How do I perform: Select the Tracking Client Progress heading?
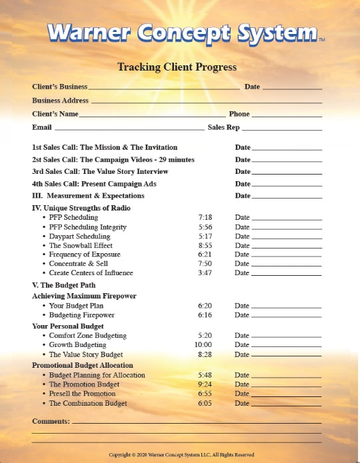pos(177,67)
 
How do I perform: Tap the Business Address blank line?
pos(207,102)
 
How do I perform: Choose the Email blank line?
pos(129,129)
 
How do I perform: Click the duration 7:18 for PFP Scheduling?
pos(205,218)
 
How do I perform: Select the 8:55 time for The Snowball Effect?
pos(205,245)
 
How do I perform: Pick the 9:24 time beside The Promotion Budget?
pos(205,384)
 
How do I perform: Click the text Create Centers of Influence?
pos(91,272)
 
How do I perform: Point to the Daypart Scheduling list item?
pos(79,236)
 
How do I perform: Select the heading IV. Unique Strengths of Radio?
pos(81,208)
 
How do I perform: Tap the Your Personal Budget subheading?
pos(68,326)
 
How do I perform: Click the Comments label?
pos(51,421)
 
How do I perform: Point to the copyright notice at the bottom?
pos(181,454)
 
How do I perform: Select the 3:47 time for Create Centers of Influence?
pos(205,272)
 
